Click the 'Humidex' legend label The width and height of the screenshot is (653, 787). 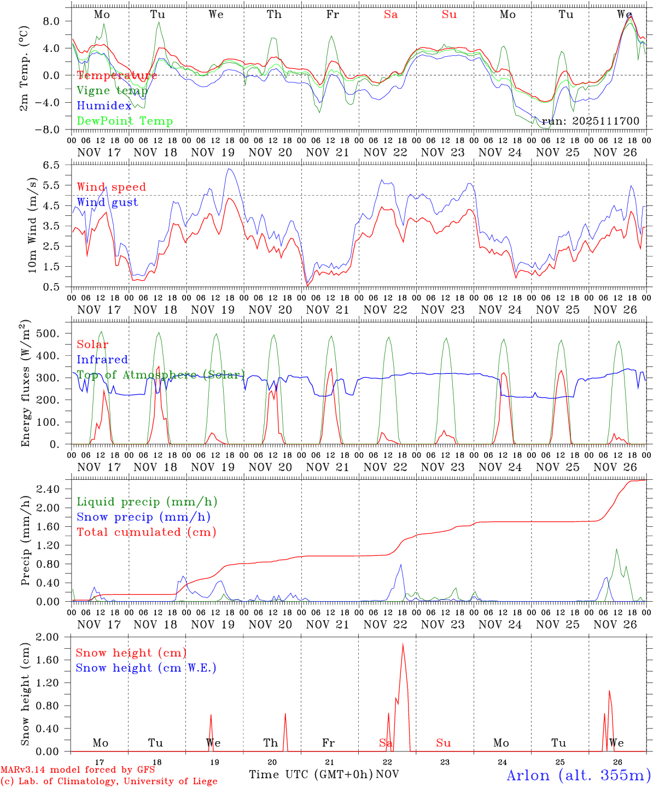pyautogui.click(x=104, y=106)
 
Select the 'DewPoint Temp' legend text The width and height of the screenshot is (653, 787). pyautogui.click(x=125, y=121)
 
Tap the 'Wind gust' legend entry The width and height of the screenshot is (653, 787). pyautogui.click(x=107, y=202)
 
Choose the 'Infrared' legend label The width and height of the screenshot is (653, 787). pyautogui.click(x=102, y=360)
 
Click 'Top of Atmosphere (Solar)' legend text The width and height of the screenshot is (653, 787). pyautogui.click(x=161, y=375)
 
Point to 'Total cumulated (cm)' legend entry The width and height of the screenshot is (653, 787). pyautogui.click(x=146, y=532)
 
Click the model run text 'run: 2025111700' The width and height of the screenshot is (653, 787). pyautogui.click(x=590, y=121)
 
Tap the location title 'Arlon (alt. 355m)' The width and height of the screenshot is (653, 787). pyautogui.click(x=578, y=775)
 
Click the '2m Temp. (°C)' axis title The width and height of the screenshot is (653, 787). pyautogui.click(x=24, y=74)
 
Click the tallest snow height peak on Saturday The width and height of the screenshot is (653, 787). pyautogui.click(x=403, y=644)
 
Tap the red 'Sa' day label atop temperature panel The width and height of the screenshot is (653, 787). pyautogui.click(x=390, y=15)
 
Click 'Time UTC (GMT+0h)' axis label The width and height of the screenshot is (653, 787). pyautogui.click(x=311, y=774)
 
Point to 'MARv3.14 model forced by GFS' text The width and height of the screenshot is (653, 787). pyautogui.click(x=77, y=770)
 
